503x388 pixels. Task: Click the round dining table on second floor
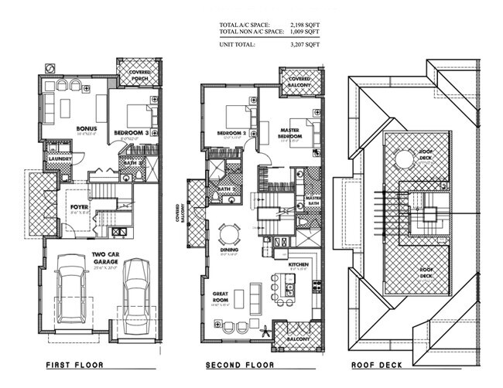228,233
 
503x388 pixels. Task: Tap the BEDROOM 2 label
230,133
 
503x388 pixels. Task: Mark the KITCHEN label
299,264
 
